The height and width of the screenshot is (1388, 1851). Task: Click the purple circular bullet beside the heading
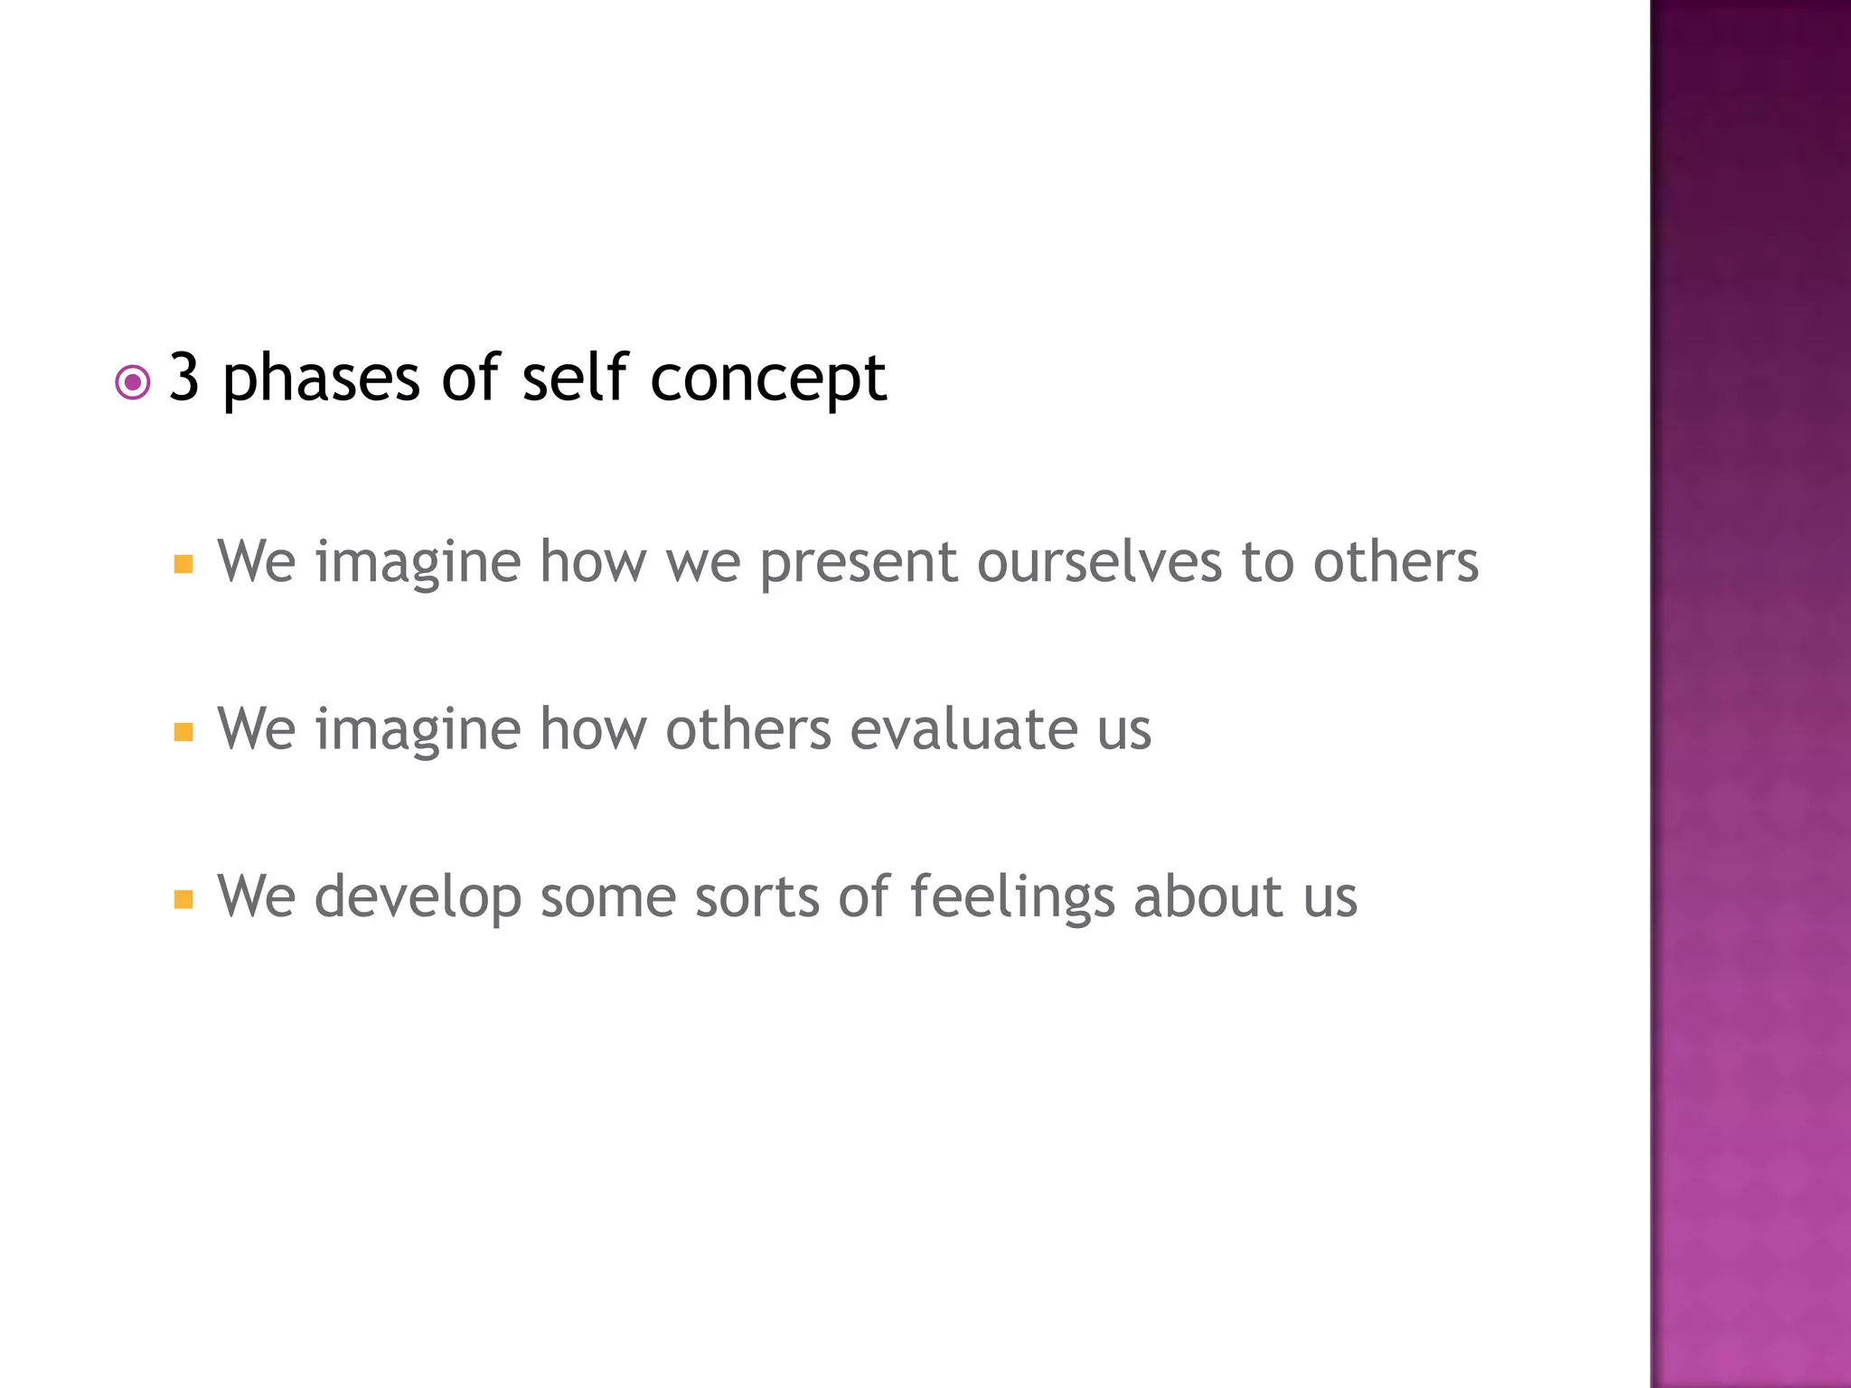pos(133,383)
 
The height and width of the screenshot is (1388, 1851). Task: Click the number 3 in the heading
pos(184,378)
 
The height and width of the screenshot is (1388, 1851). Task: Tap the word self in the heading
pos(574,378)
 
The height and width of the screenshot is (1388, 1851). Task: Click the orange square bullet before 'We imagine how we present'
pos(183,565)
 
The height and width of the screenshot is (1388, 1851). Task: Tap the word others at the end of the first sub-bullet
pos(1395,562)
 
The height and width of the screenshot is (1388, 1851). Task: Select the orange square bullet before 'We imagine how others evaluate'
pos(183,732)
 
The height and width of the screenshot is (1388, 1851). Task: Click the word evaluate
pos(963,728)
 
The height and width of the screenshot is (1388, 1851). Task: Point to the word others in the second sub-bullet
pos(748,728)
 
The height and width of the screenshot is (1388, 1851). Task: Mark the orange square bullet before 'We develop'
pos(183,899)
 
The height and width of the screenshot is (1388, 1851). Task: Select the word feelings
pos(1012,898)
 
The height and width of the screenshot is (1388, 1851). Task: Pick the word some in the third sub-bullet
pos(608,896)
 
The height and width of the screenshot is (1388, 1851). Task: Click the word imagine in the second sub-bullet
pos(418,730)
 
